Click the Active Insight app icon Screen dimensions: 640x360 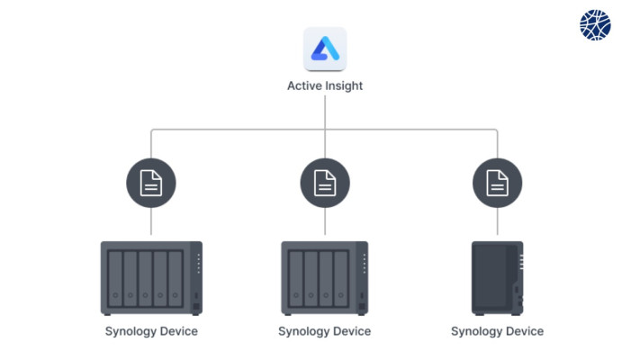point(325,49)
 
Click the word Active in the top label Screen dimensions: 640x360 point(302,85)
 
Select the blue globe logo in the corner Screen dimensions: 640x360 point(595,25)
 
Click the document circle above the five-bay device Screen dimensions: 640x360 point(151,183)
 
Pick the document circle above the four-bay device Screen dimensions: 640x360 point(325,183)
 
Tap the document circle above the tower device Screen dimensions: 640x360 point(497,183)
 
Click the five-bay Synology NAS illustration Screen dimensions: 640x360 point(151,278)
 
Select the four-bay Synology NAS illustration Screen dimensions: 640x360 point(324,278)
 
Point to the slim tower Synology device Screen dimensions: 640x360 point(497,278)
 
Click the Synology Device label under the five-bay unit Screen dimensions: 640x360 point(151,331)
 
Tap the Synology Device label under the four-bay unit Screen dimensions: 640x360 point(324,331)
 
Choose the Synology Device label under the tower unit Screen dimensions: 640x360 point(497,331)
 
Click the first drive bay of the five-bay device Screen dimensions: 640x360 point(115,278)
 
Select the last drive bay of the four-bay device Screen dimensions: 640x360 point(341,278)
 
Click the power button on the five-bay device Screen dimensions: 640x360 point(196,295)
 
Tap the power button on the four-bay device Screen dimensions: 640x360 point(362,295)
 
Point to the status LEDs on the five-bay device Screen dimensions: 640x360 point(199,264)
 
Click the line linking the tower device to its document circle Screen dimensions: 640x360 point(497,220)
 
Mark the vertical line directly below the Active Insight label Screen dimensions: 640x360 point(325,127)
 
